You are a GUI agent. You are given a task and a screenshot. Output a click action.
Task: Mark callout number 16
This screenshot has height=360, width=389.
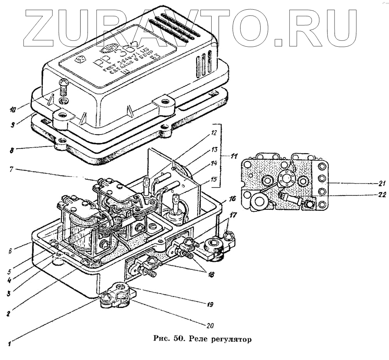[232, 198]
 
